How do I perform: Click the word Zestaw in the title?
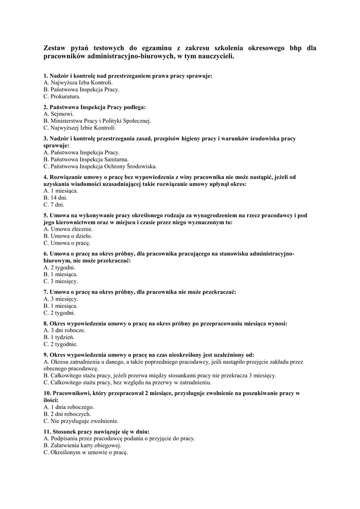tap(57, 48)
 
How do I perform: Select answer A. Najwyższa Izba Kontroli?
tap(78, 83)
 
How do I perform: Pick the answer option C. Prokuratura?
tap(62, 96)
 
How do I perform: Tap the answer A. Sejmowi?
tap(59, 114)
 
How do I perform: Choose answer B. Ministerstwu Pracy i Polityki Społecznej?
tap(97, 121)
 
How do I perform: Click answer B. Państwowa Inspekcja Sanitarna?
tap(86, 160)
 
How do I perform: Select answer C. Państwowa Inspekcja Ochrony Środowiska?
tap(100, 167)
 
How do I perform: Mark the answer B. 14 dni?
tap(55, 198)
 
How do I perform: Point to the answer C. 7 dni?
tap(54, 205)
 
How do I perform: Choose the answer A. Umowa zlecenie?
tap(68, 229)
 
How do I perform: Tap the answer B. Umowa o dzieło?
tap(68, 236)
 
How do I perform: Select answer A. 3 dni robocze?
tap(64, 330)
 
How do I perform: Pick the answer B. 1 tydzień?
tap(59, 337)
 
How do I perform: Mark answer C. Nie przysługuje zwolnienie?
tap(81, 421)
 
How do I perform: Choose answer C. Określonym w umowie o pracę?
tap(86, 452)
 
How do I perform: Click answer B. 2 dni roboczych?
tap(67, 414)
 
